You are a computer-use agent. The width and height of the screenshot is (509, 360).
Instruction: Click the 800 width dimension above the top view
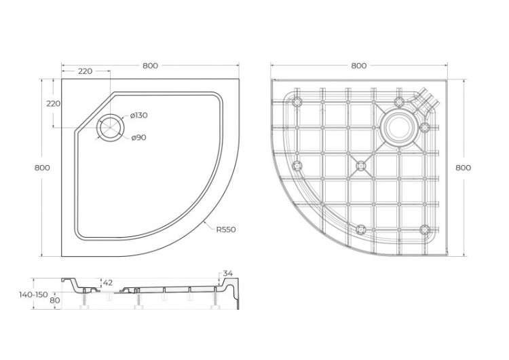(150, 66)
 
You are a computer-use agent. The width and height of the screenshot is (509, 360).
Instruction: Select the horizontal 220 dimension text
(85, 71)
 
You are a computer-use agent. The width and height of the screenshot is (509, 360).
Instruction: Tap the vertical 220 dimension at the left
(54, 104)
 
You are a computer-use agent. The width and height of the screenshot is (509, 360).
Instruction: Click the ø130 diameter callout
(138, 115)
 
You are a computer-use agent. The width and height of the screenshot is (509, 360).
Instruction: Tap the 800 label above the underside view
(359, 66)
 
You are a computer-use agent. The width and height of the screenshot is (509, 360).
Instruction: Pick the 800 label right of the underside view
(464, 167)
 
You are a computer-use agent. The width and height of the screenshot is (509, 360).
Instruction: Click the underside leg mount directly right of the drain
(426, 128)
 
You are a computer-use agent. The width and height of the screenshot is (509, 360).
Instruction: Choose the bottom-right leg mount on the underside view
(426, 229)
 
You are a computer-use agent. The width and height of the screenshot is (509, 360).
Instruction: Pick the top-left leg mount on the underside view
(297, 102)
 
